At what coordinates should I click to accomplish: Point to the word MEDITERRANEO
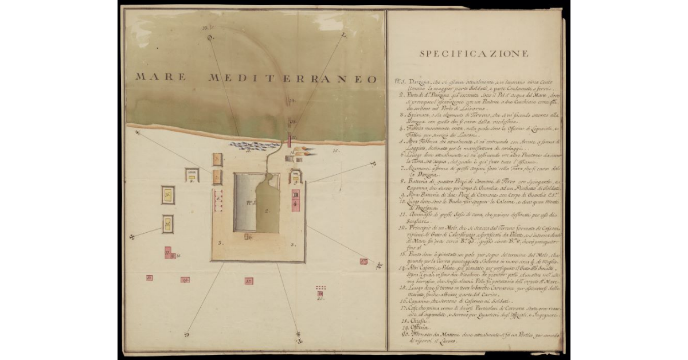[x=292, y=78]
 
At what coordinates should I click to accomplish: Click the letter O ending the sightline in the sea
[x=209, y=38]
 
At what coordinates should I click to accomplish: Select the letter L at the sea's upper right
[x=343, y=36]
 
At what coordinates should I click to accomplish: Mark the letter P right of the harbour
[x=372, y=164]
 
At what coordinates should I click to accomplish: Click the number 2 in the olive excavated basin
[x=267, y=210]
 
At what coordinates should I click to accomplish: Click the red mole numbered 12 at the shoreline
[x=291, y=139]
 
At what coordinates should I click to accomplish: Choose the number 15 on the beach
[x=336, y=151]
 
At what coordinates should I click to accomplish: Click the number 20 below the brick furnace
[x=320, y=298]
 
